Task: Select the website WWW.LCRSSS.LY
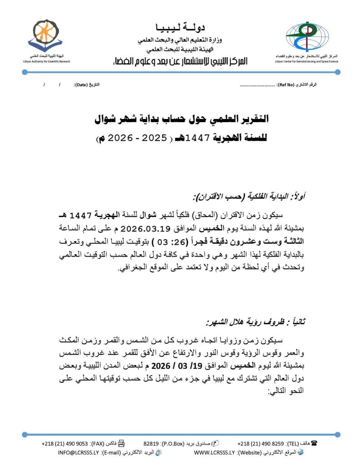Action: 214,453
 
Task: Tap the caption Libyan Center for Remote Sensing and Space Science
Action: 306,61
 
